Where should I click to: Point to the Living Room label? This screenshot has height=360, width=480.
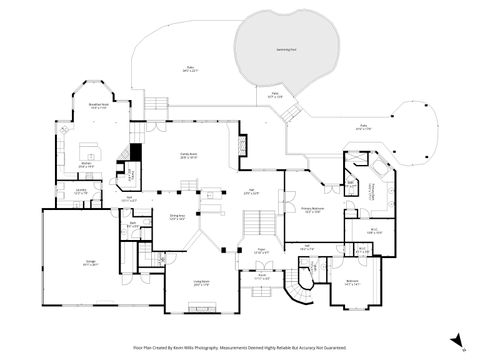pos(201,283)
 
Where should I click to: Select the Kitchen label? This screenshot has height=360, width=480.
pos(87,166)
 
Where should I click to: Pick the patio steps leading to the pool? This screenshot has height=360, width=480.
pos(288,114)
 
